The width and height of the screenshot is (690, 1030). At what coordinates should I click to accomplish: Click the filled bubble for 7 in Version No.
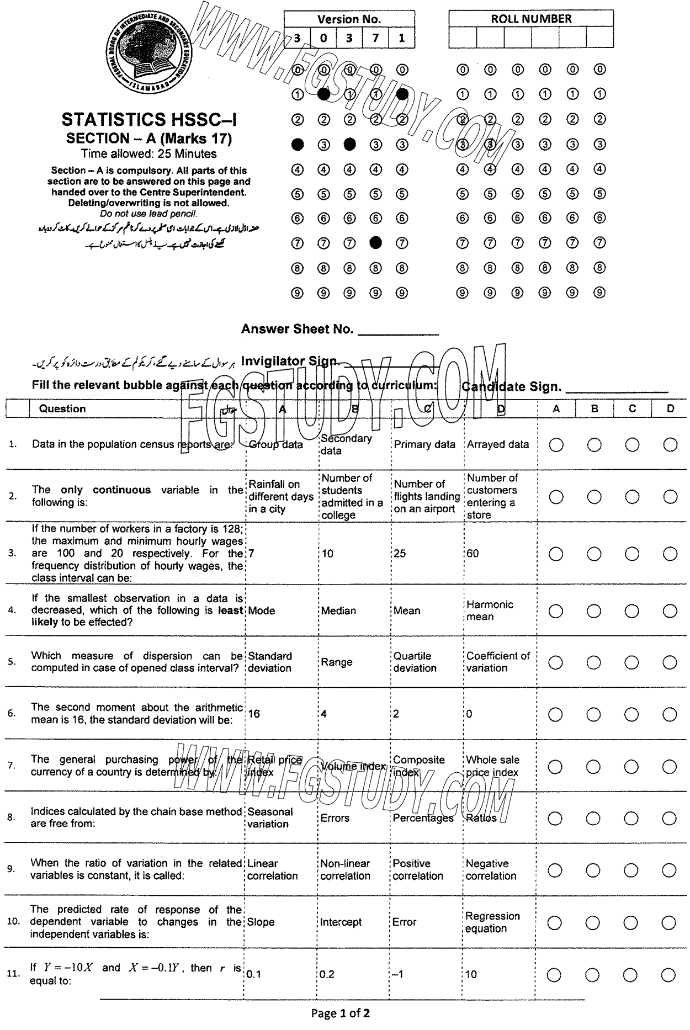[376, 242]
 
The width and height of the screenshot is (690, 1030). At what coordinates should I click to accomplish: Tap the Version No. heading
[349, 19]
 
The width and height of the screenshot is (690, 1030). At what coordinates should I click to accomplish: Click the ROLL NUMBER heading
[531, 19]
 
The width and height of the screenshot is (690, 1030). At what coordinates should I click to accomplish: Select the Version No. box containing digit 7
[375, 39]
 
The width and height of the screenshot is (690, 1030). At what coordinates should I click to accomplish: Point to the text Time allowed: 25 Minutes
[149, 154]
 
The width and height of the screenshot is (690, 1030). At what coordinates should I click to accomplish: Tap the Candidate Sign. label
[511, 386]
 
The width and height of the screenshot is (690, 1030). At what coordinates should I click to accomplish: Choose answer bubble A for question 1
[556, 445]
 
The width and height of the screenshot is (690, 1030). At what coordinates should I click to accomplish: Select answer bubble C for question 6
[631, 715]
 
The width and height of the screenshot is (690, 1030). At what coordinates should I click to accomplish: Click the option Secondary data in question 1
[346, 444]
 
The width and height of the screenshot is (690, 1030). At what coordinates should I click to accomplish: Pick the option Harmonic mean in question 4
[490, 610]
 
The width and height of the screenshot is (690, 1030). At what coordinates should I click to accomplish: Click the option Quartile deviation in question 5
[415, 662]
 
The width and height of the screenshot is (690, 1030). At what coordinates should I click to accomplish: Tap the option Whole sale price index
[492, 766]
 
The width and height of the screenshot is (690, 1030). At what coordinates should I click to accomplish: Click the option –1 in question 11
[398, 974]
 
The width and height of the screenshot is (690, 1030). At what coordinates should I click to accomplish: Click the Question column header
[62, 409]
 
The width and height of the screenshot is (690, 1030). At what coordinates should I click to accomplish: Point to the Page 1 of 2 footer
[341, 1013]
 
